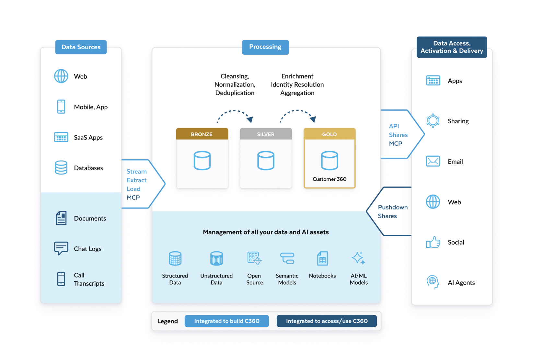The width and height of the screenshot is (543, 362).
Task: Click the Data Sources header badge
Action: tap(81, 47)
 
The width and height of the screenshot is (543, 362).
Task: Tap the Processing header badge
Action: tap(265, 47)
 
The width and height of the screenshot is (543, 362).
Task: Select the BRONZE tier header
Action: tap(202, 134)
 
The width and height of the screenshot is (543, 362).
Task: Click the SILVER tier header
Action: tap(266, 134)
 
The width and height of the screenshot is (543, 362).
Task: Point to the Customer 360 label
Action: tap(329, 179)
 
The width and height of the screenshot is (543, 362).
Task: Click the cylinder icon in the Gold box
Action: tap(329, 160)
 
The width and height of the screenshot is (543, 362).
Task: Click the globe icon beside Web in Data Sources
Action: tap(61, 76)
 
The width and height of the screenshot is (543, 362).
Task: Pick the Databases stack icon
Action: tap(61, 167)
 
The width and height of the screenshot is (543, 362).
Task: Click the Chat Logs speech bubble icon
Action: tap(61, 248)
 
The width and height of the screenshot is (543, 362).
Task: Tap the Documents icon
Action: tap(61, 218)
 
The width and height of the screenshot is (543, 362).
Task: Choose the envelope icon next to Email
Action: tap(433, 161)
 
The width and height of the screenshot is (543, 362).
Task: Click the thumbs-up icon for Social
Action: tap(433, 242)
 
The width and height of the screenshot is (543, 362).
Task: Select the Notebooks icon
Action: tap(322, 258)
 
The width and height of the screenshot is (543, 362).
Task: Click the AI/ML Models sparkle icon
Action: tap(359, 258)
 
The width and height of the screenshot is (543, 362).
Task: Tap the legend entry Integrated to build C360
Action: tap(227, 321)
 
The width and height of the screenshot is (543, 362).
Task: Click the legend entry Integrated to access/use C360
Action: tap(327, 321)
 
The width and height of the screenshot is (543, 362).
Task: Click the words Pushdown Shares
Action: tap(393, 211)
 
